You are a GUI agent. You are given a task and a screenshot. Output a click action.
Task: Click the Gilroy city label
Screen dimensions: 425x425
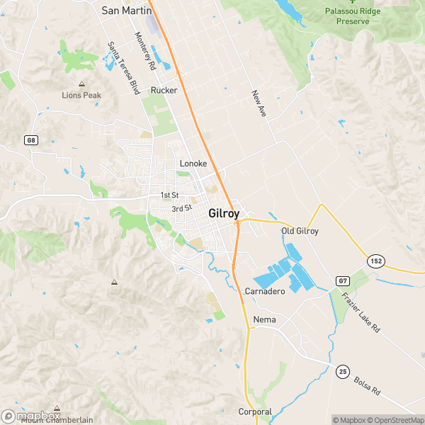pos(224,213)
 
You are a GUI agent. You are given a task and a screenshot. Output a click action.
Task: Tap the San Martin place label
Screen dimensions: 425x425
pos(125,10)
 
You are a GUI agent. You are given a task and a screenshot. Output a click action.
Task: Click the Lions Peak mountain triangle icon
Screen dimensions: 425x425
pos(81,84)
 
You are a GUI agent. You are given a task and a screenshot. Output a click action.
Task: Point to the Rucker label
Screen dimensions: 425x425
pos(164,90)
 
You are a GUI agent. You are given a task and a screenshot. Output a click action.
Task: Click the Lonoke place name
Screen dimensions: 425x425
pos(193,164)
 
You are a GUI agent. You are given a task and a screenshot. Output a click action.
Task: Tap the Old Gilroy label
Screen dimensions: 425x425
pos(300,231)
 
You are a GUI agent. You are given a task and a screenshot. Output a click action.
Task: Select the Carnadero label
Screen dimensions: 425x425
pos(264,291)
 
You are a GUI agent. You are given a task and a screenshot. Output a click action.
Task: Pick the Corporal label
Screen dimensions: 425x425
pos(255,412)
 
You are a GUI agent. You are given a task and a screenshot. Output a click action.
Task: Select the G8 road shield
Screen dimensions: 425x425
pos(30,140)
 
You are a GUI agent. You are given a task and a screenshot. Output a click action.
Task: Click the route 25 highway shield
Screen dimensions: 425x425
pos(343,370)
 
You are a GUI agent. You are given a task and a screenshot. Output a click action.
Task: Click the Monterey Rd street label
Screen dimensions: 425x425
pos(146,50)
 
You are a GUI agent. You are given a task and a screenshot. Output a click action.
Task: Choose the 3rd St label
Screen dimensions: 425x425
pos(182,208)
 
